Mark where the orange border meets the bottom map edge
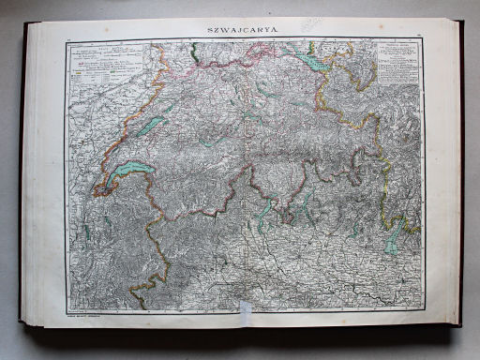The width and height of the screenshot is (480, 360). point(141,308)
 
